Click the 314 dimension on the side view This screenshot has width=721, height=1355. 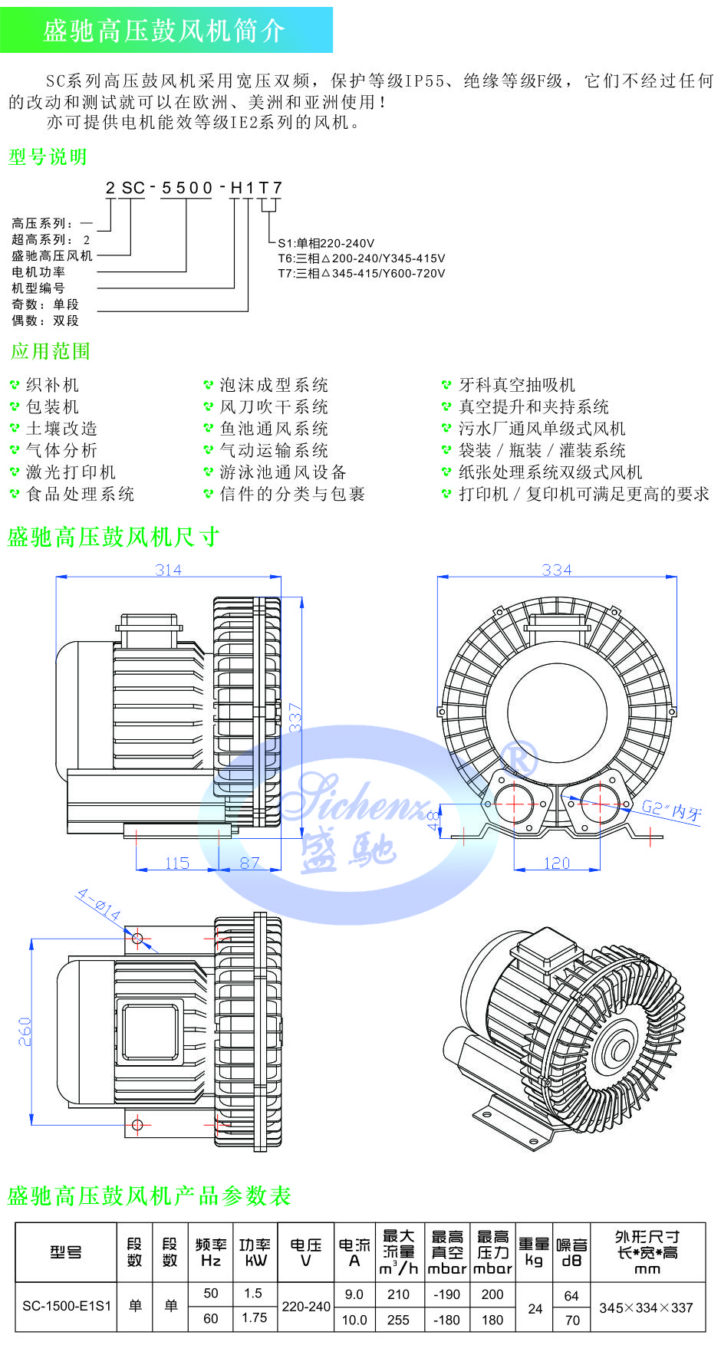[168, 570]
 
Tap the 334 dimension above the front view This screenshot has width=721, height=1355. [556, 570]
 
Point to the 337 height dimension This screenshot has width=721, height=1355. [295, 717]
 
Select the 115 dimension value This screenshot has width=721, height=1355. [176, 863]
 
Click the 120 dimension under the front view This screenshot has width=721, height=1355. [556, 863]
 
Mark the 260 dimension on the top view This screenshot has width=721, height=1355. [25, 1031]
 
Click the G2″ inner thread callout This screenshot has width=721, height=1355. [671, 809]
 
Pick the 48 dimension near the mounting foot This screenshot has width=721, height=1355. [433, 821]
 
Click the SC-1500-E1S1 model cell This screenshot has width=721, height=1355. [67, 1306]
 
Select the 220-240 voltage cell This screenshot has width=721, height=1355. [306, 1306]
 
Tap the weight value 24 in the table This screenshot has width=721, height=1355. [535, 1308]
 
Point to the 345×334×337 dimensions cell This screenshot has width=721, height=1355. [646, 1307]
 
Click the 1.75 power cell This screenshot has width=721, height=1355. [255, 1318]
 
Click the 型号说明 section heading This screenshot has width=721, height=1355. [48, 157]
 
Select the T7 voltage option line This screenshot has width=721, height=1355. [361, 273]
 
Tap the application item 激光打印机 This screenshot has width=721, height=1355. [71, 472]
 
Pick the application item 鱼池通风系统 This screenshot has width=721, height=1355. [274, 429]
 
